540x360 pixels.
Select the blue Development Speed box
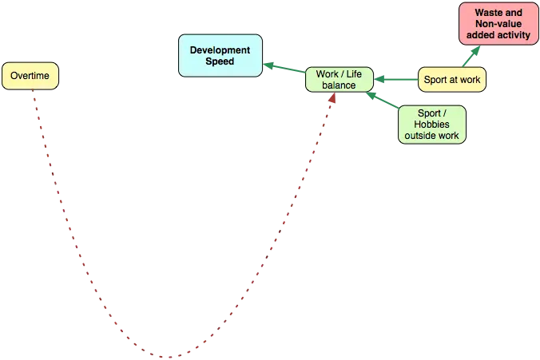coord(220,55)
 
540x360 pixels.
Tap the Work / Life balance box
coord(338,79)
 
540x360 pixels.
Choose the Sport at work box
coord(452,79)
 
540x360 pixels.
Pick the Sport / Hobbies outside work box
coord(431,125)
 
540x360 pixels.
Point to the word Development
coord(220,49)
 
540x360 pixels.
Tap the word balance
coord(338,85)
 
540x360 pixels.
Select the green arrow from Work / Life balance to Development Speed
coord(283,69)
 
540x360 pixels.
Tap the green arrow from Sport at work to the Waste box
coord(472,56)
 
